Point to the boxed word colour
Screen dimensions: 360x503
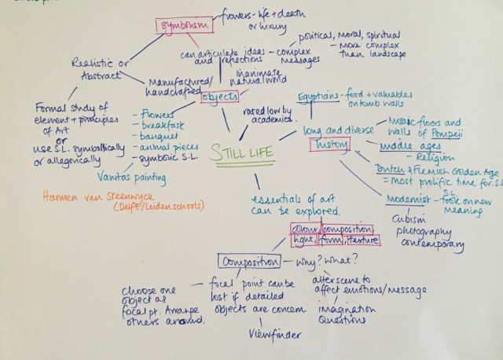tap(302, 228)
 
